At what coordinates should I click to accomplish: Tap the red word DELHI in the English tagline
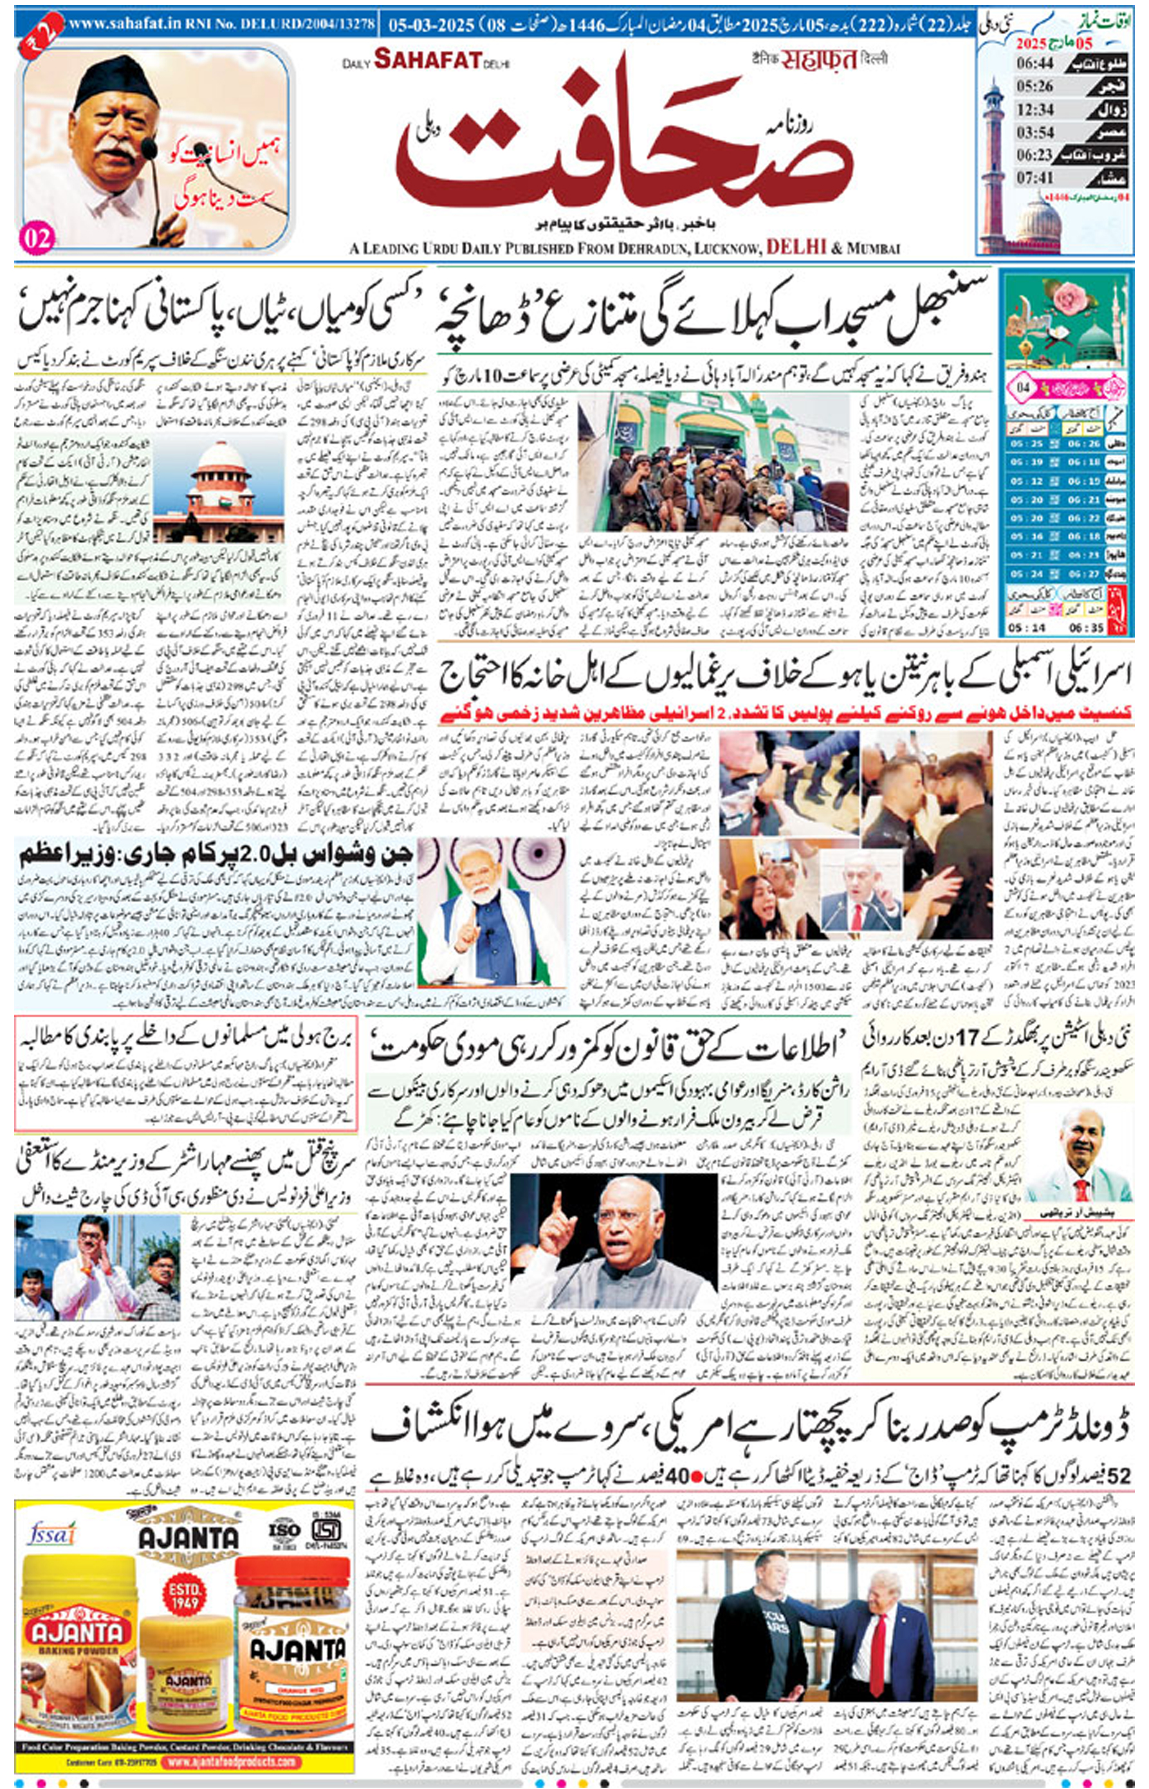click(796, 248)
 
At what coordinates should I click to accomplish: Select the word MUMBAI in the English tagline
click(874, 248)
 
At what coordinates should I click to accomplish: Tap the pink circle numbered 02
click(37, 238)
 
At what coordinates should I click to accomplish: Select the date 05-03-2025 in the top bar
click(430, 25)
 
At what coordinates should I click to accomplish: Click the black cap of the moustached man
click(116, 77)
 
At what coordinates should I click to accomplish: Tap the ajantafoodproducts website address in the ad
click(232, 1761)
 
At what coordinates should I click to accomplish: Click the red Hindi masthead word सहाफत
click(818, 60)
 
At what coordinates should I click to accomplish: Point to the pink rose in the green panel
click(1071, 299)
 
